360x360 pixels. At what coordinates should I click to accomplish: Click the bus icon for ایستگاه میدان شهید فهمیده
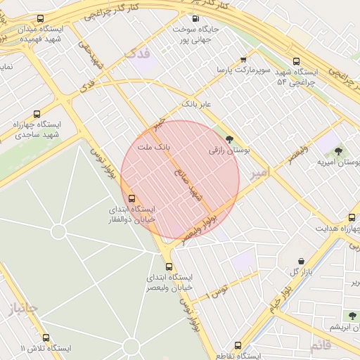click(39, 19)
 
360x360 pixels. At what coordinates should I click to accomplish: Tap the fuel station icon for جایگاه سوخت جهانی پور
click(195, 19)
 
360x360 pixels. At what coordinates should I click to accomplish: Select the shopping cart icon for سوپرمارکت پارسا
click(243, 60)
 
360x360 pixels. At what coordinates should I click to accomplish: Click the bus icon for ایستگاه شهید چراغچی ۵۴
click(295, 61)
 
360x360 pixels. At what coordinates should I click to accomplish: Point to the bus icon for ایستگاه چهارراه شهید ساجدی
click(37, 113)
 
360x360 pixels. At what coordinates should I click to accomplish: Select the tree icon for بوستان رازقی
click(229, 139)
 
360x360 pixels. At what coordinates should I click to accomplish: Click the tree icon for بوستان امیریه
click(339, 150)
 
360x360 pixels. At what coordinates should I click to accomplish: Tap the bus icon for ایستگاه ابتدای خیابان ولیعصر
click(169, 266)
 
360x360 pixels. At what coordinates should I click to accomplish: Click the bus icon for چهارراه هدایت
click(352, 217)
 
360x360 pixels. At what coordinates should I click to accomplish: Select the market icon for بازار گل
click(301, 261)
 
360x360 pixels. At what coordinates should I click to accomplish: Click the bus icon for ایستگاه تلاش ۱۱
click(46, 337)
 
